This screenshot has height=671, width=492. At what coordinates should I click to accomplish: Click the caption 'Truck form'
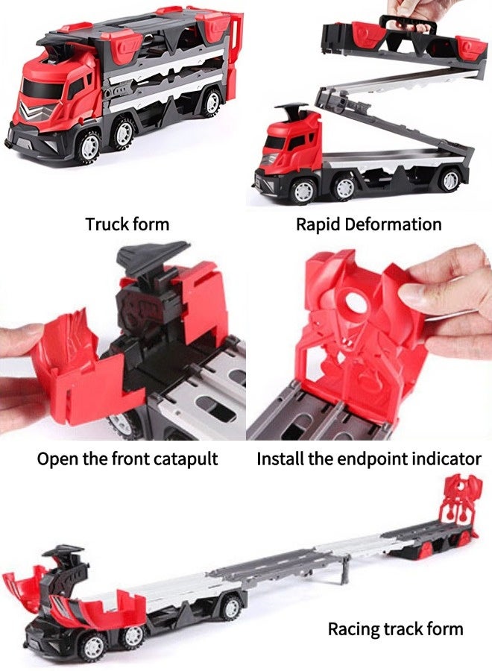pos(127,224)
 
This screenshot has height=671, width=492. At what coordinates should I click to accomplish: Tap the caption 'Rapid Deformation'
pos(368,224)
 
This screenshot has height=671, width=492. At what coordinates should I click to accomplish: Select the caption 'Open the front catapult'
pos(127,459)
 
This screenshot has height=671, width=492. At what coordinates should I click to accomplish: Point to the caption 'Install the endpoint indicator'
pos(369,459)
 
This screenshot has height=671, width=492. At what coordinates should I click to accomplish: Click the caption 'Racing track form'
pos(395,629)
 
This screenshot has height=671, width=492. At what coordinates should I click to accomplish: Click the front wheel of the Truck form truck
pos(89,147)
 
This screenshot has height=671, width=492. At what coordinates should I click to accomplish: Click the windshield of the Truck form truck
pos(42,89)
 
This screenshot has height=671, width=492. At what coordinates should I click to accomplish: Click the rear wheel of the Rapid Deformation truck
pos(450,180)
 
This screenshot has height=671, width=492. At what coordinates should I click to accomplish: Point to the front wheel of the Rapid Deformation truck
pos(303,190)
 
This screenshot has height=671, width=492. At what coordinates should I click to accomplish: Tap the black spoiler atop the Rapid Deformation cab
pos(292,112)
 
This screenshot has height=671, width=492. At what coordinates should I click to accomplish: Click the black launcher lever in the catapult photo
pos(152,255)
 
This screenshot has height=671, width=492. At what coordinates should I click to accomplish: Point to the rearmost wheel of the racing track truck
pos(231,608)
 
